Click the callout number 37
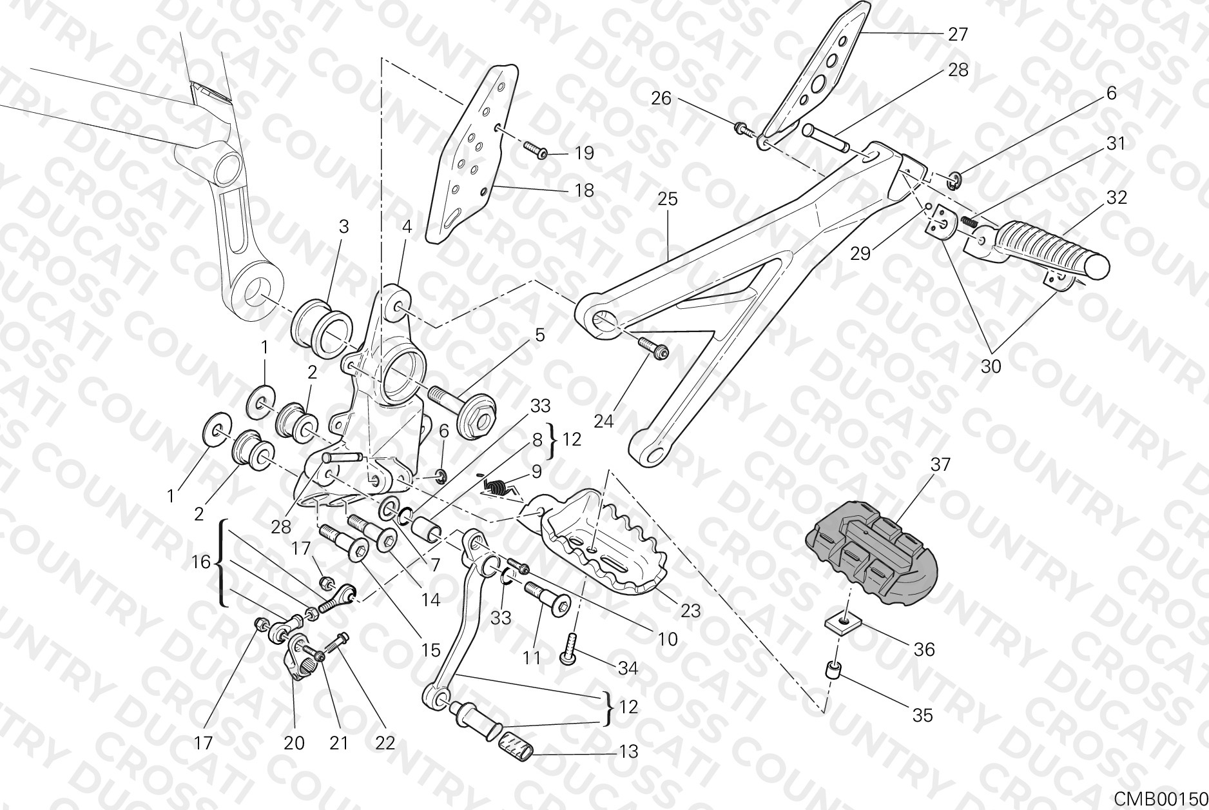941,464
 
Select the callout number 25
668,199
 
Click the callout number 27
958,34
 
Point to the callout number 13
628,751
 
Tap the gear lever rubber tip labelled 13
517,746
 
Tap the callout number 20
295,743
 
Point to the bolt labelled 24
654,348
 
